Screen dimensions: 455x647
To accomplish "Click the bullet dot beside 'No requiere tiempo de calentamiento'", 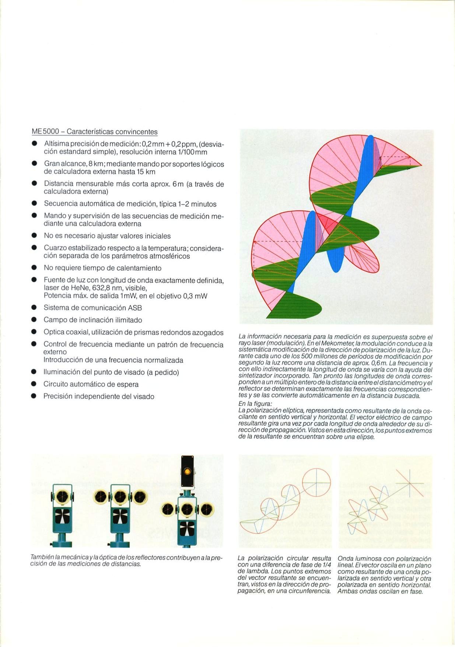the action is (x=34, y=268).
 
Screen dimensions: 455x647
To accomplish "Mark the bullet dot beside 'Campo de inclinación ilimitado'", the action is (x=34, y=320).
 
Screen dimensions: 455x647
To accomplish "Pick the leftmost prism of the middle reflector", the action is (x=102, y=497).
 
